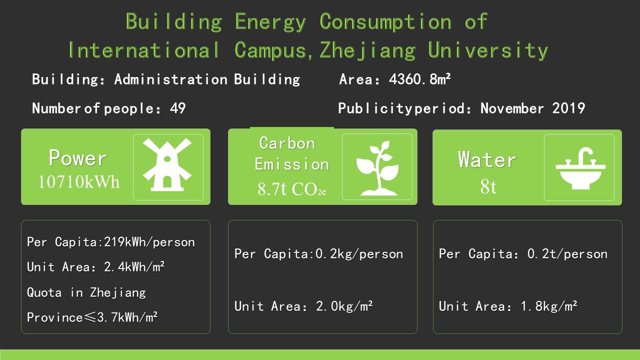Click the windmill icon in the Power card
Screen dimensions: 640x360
(167, 164)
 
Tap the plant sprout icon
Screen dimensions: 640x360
(377, 168)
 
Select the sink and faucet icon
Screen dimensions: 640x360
(580, 168)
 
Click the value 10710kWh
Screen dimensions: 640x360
(78, 181)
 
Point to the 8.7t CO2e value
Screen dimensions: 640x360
(291, 189)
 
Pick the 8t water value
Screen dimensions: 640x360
(488, 186)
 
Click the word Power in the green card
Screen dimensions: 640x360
(77, 157)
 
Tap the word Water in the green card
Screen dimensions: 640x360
(487, 159)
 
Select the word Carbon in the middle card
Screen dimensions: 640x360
(287, 143)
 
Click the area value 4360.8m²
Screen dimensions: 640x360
(419, 79)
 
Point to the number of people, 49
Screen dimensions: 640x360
(177, 108)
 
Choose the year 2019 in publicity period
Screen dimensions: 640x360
(568, 108)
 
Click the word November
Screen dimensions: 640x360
(512, 108)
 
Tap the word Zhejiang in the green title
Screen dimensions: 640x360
(367, 50)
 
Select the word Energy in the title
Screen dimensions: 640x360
(270, 21)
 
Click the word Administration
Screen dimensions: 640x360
(171, 79)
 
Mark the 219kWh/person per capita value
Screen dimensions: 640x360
(149, 242)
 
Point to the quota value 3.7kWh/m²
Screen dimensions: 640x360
(127, 317)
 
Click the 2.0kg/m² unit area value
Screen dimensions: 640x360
(344, 306)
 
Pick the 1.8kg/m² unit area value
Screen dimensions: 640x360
(549, 306)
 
